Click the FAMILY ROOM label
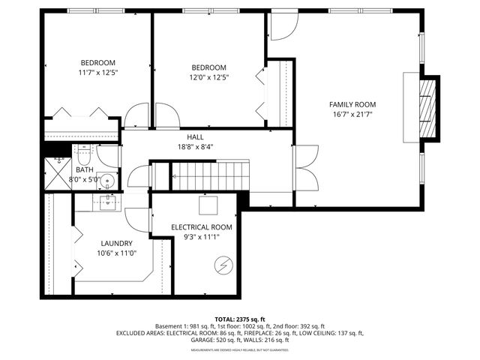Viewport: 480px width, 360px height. click(352, 104)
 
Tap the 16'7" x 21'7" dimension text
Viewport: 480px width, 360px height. click(352, 115)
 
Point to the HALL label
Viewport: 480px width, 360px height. click(196, 136)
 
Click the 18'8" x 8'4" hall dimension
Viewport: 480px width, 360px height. click(196, 147)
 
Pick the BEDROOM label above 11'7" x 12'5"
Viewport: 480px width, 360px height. click(98, 62)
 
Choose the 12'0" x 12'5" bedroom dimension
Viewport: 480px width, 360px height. click(208, 76)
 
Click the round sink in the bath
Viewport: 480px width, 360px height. click(108, 180)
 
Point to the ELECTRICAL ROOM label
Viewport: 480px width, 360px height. click(202, 226)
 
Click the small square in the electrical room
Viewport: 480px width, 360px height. click(208, 205)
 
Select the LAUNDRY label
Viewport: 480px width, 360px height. click(117, 243)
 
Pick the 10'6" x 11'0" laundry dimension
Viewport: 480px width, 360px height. click(117, 253)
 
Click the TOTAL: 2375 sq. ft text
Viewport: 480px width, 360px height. click(239, 319)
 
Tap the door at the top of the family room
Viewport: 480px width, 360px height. click(282, 26)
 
